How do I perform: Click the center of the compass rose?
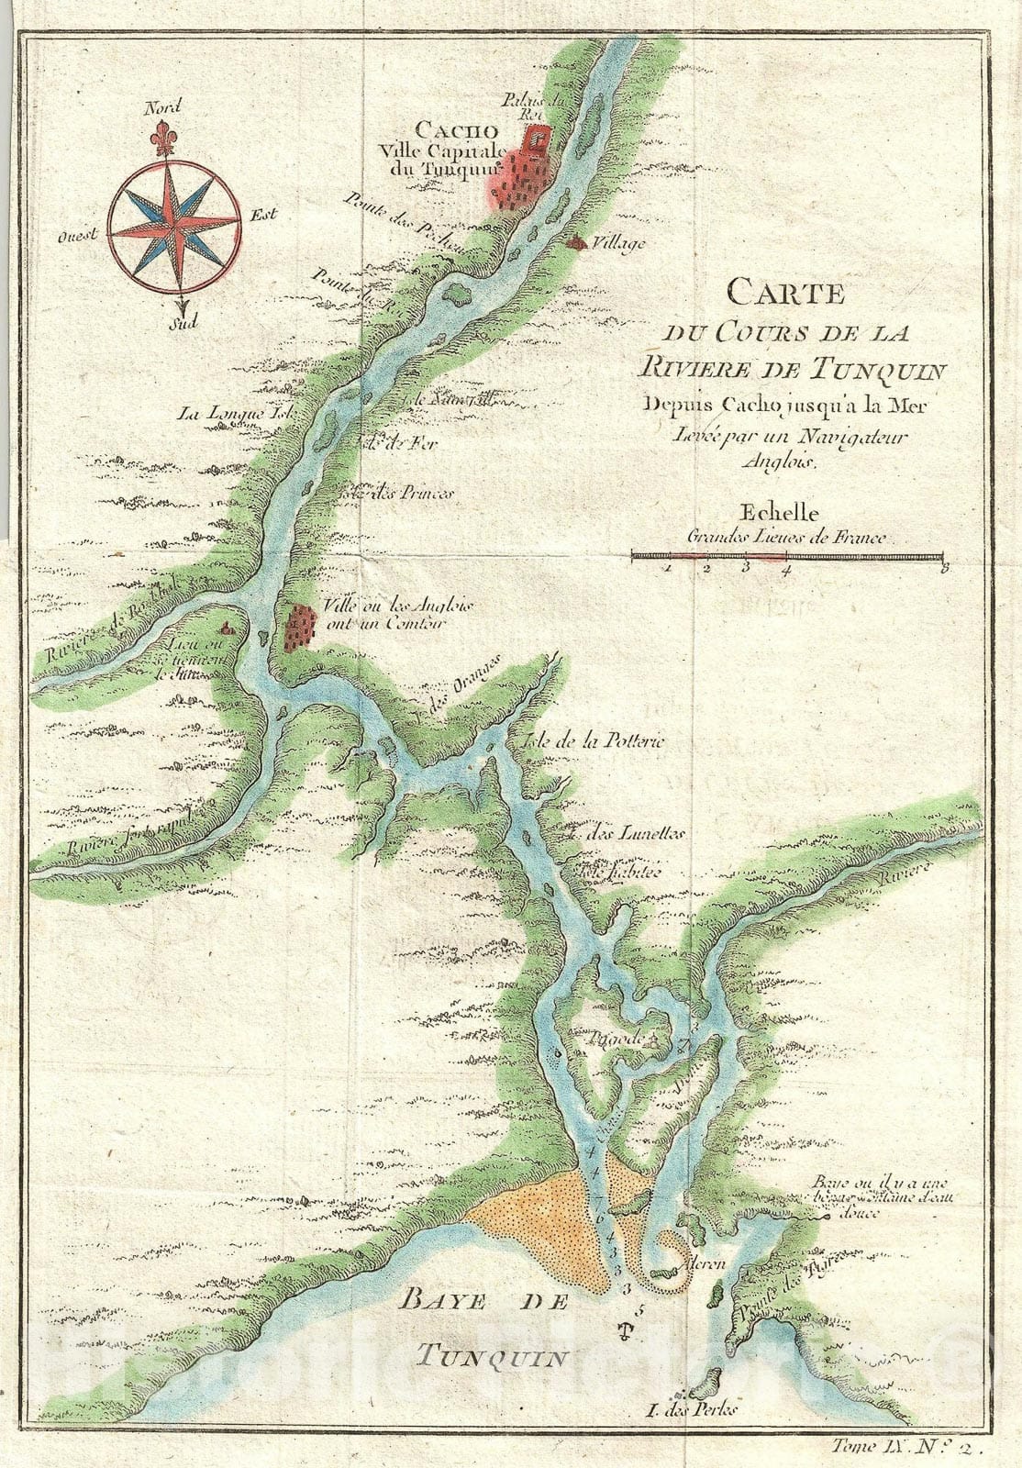pos(174,219)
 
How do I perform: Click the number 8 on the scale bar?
pos(943,570)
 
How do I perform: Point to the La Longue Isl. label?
pos(235,414)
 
